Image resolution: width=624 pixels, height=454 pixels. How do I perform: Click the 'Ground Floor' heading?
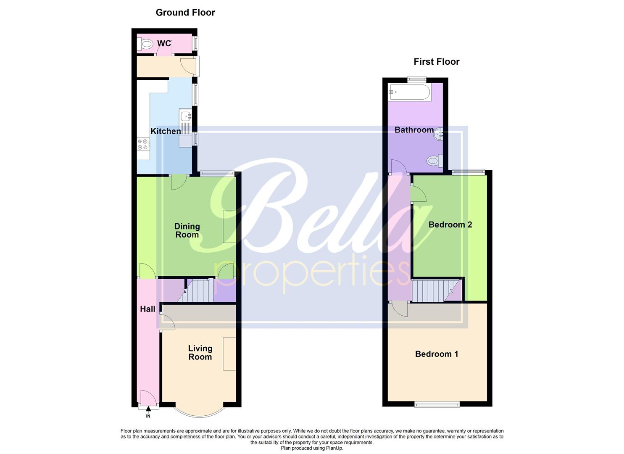click(x=185, y=13)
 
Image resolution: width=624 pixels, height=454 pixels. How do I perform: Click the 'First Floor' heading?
click(x=437, y=62)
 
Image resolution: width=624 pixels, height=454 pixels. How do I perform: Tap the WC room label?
click(x=164, y=43)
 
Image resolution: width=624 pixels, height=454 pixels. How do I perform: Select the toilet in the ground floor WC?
click(x=146, y=43)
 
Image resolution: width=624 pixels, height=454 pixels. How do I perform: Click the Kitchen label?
click(x=166, y=131)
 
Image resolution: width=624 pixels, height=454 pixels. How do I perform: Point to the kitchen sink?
click(x=185, y=116)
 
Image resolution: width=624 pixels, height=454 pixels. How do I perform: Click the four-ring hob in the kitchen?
click(x=142, y=145)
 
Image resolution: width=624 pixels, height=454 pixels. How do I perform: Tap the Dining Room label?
click(x=187, y=230)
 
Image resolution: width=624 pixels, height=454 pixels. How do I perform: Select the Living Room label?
click(x=200, y=353)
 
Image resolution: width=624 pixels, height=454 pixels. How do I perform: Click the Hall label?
click(x=147, y=309)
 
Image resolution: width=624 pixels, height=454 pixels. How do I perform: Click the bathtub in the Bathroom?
click(x=409, y=92)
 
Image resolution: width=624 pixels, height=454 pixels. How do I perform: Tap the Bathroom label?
click(x=414, y=130)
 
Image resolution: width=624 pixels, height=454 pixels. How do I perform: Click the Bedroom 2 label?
click(x=450, y=224)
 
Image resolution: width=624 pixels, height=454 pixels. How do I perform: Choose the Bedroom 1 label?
click(x=437, y=354)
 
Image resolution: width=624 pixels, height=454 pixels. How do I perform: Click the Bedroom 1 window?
click(x=437, y=404)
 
